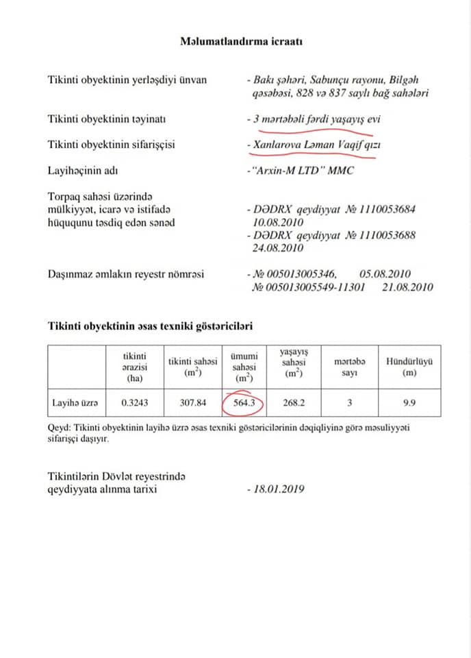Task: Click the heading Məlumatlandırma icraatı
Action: (x=242, y=41)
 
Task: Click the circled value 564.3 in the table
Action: (x=244, y=403)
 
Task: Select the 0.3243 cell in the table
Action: (x=135, y=403)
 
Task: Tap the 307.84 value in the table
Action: (x=192, y=403)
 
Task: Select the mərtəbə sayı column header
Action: (x=350, y=366)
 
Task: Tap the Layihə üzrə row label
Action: (x=75, y=403)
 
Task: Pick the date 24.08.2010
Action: (x=277, y=248)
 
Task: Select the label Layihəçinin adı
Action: (x=84, y=169)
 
